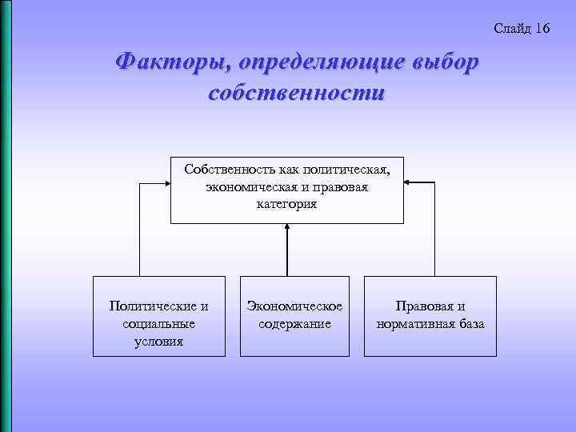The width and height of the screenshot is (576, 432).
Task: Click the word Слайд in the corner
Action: (x=511, y=29)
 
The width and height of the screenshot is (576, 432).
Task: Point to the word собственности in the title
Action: (x=296, y=92)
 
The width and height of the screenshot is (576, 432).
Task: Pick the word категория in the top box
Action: (x=287, y=204)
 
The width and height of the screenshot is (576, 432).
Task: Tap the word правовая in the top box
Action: (x=333, y=187)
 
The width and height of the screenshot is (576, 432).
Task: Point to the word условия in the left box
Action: (x=160, y=342)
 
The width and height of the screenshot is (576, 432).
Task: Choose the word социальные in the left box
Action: (x=160, y=324)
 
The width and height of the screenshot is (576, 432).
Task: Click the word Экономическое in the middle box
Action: (x=295, y=306)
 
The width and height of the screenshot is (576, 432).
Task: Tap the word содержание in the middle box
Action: (x=295, y=324)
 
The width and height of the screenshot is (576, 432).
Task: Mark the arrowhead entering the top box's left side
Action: (x=166, y=183)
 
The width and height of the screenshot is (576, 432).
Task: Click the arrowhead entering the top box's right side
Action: (x=408, y=183)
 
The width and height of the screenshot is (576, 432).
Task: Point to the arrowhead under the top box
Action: (x=287, y=229)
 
